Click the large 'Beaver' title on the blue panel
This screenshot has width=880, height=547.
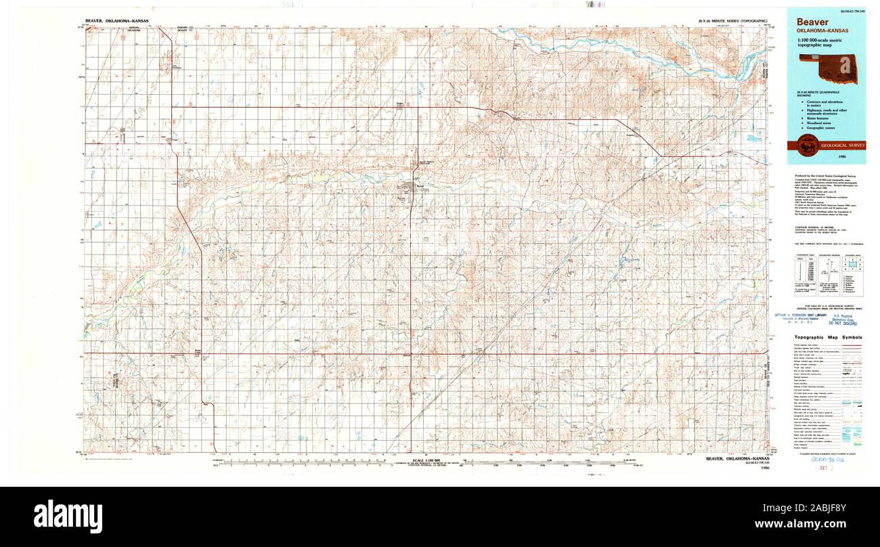(x=812, y=22)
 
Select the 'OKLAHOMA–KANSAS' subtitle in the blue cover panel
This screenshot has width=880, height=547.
(x=821, y=31)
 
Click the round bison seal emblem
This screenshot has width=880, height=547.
(x=805, y=144)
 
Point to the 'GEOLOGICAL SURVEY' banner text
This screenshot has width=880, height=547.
(x=842, y=146)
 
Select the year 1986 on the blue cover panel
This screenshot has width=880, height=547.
(x=860, y=157)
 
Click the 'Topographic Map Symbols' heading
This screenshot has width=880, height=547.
(x=828, y=337)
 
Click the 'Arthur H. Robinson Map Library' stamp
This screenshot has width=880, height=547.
(x=801, y=315)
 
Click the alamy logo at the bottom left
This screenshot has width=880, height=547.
(x=68, y=517)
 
